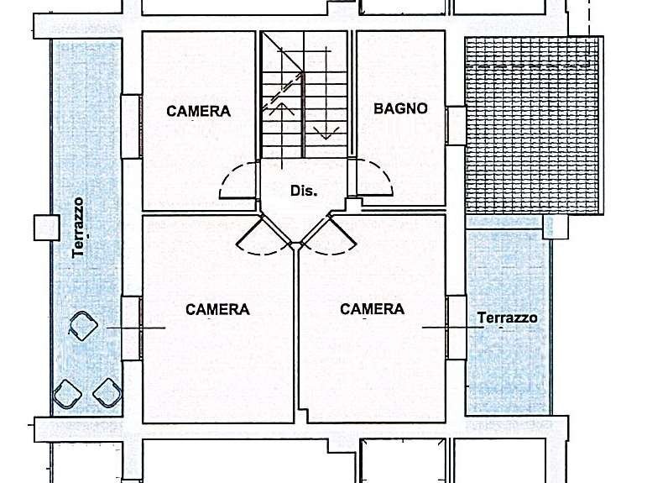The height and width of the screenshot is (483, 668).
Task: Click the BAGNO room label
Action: pos(400,108)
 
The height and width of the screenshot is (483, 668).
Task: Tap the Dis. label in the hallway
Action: pos(304,191)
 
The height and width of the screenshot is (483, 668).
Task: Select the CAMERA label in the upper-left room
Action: pos(199,111)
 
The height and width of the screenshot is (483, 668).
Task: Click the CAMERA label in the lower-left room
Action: pos(217,309)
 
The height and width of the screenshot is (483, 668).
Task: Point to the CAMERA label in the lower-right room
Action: pos(372,309)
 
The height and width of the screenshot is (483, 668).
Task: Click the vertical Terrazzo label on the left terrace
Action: pos(78,228)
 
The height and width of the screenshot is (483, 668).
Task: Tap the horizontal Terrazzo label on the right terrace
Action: pos(507,318)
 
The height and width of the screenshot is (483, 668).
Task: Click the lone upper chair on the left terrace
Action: pos(83,326)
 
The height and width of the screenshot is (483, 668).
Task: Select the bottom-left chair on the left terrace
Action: pos(67,394)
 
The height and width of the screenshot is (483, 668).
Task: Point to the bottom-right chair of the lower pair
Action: pos(107,392)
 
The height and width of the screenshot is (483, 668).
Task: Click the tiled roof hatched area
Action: pos(534,126)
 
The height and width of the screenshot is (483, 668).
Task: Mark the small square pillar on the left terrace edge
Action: pos(46,228)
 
